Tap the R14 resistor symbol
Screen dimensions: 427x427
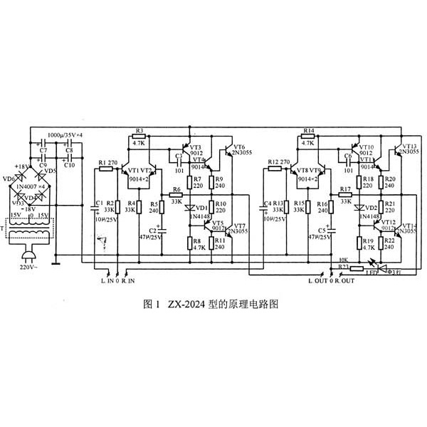307,137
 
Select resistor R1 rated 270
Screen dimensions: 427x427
109,168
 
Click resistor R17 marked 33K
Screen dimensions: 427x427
347,195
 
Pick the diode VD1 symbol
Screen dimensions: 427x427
191,208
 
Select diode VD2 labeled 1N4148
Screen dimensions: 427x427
361,208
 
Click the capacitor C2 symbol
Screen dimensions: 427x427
162,230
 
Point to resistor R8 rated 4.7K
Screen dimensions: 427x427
191,243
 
